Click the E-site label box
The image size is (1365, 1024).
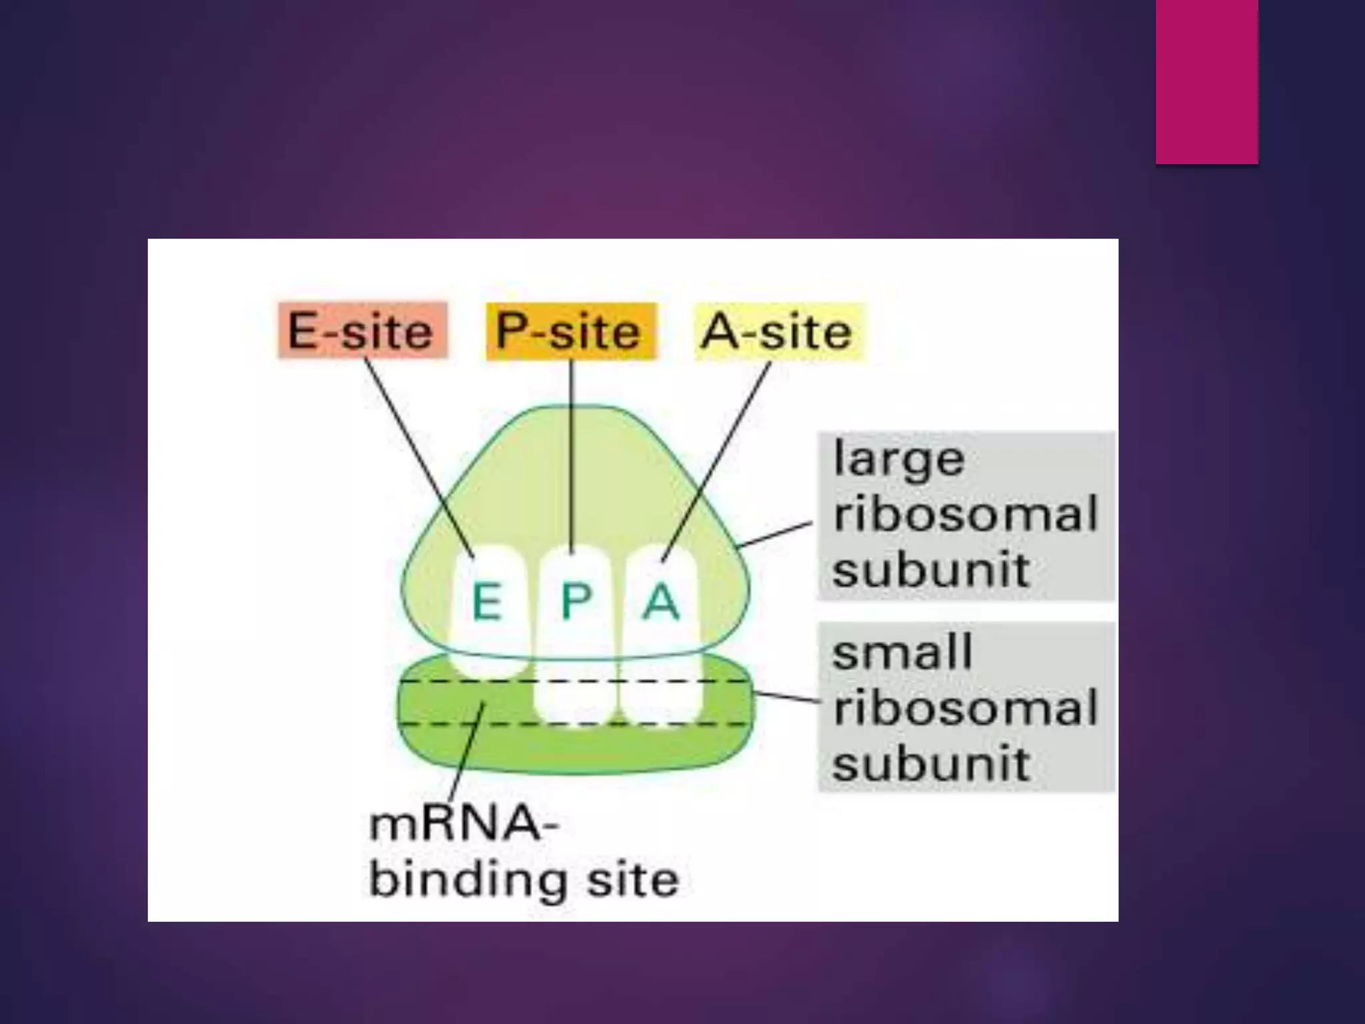point(362,331)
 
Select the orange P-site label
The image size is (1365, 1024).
point(571,331)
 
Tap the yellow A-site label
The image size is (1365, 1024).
point(778,331)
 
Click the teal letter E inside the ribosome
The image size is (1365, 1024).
point(487,601)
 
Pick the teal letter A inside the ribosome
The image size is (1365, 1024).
point(661,601)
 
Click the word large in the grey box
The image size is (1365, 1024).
point(898,460)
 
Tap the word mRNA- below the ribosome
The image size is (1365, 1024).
point(464,825)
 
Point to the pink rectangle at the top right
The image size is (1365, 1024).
point(1207,81)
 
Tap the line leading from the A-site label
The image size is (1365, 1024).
point(716,460)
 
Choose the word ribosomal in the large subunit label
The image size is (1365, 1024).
point(965,515)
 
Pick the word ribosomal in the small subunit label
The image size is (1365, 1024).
point(965,707)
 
